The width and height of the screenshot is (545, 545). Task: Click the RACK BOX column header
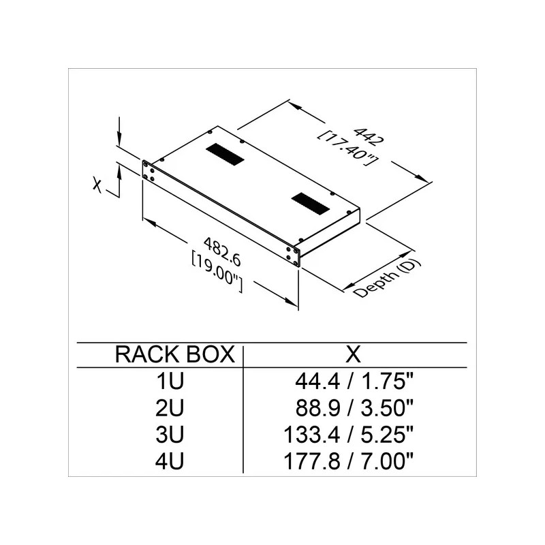(x=175, y=354)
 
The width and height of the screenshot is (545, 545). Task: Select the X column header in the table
(x=353, y=354)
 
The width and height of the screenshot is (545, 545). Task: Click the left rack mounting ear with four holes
(x=147, y=171)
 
